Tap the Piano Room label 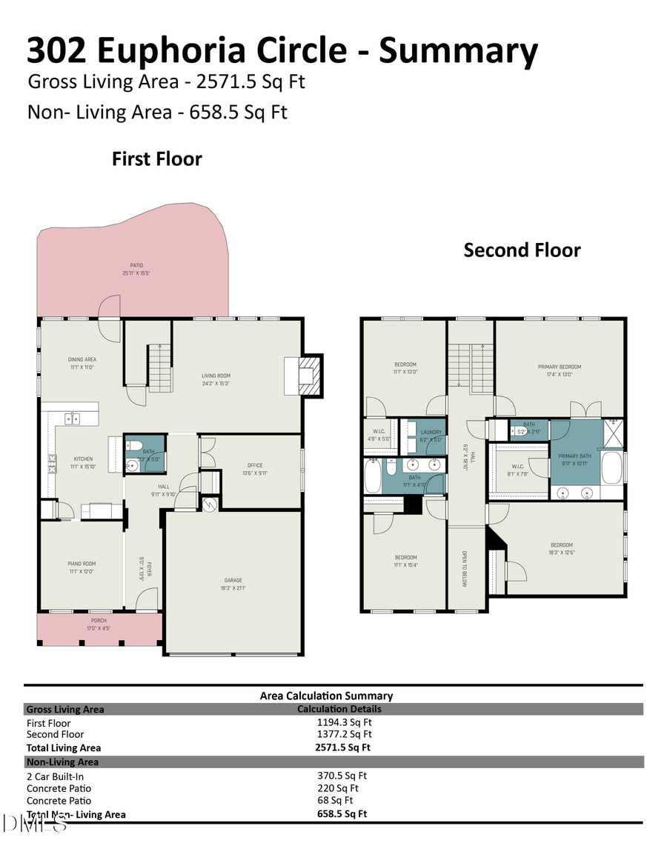82,567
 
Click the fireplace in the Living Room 307,377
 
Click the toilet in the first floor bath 134,446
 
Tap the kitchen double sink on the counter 72,419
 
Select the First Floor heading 156,159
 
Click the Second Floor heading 522,250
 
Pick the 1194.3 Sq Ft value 344,722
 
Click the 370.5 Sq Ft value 342,776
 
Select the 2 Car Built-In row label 56,776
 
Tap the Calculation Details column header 339,709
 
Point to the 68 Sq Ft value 335,800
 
